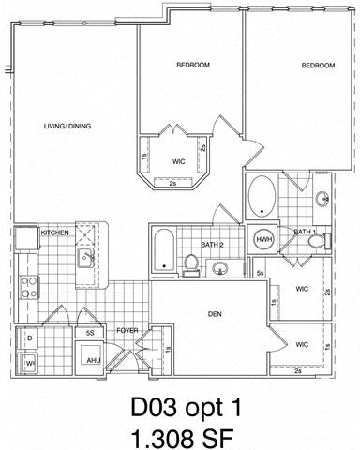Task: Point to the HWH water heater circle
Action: click(263, 239)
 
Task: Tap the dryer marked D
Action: click(30, 337)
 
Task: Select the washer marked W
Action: click(30, 359)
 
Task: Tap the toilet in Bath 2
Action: click(192, 264)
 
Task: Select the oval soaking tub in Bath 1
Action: click(262, 196)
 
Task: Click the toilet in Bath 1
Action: click(316, 242)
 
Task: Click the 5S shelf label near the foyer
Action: click(90, 332)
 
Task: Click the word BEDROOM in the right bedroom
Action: click(318, 66)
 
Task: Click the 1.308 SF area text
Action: click(180, 437)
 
